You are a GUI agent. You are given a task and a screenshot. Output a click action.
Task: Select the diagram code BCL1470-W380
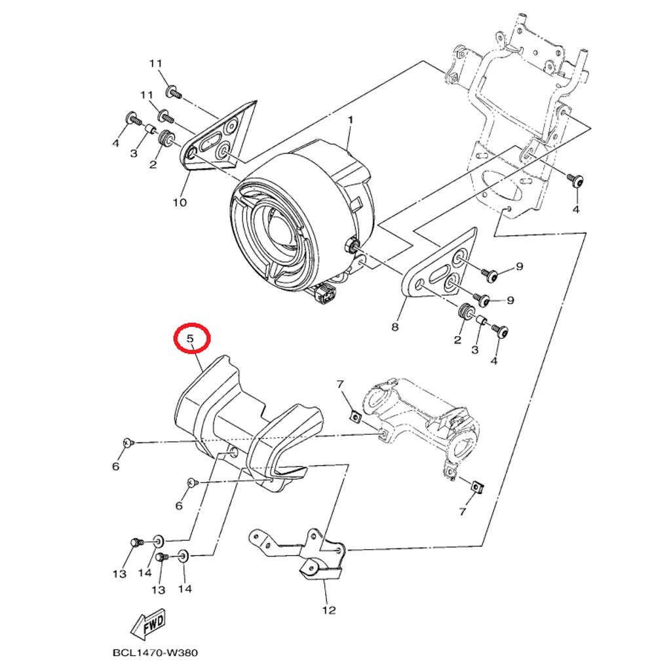tap(155, 653)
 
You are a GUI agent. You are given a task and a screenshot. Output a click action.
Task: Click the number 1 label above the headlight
tap(351, 121)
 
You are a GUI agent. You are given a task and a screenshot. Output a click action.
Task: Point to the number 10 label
tap(180, 202)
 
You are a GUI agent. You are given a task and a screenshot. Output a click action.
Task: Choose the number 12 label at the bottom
tap(329, 610)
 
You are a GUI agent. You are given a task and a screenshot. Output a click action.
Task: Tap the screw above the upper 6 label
tap(127, 442)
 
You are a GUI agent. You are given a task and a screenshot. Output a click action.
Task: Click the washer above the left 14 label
tap(158, 541)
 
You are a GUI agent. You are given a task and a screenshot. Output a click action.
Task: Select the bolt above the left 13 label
tap(137, 543)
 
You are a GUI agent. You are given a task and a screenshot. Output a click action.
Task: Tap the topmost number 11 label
tap(156, 64)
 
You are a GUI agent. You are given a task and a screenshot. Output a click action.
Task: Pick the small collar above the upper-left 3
tap(149, 128)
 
